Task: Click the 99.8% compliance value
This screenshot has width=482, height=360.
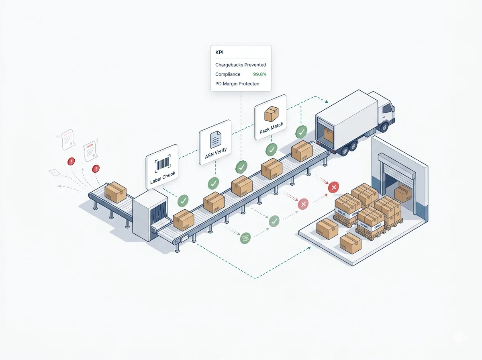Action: click(x=259, y=74)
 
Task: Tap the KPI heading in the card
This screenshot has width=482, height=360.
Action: click(x=219, y=52)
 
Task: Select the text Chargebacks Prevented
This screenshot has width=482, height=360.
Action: click(x=241, y=65)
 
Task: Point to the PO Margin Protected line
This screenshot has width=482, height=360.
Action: click(x=237, y=84)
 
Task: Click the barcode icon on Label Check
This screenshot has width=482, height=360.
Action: click(x=162, y=164)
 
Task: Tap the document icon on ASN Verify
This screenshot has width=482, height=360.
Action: click(x=216, y=139)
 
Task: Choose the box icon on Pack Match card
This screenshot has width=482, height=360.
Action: click(x=271, y=114)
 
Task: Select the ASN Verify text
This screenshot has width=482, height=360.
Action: click(x=216, y=153)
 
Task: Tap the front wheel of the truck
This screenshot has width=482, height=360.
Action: click(x=383, y=127)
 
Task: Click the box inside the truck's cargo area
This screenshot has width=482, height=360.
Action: click(x=328, y=135)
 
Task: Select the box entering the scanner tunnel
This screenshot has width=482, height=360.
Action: click(x=115, y=192)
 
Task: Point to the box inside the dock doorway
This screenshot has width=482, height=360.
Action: click(x=402, y=193)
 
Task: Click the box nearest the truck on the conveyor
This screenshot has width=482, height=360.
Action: click(x=302, y=151)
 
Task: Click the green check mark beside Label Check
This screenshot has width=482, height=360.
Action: click(x=183, y=200)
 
